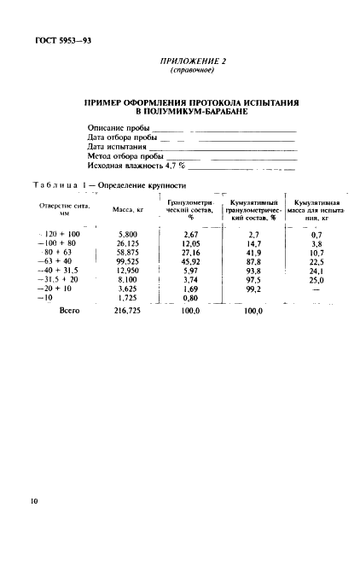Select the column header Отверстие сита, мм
point(64,207)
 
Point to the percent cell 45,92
point(185,263)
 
